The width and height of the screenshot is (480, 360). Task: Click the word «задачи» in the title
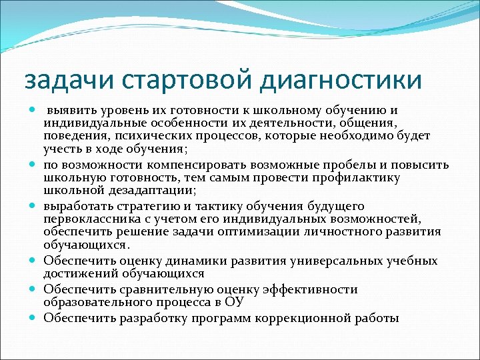coord(63,80)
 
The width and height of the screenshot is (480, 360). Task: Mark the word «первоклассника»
coord(86,219)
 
